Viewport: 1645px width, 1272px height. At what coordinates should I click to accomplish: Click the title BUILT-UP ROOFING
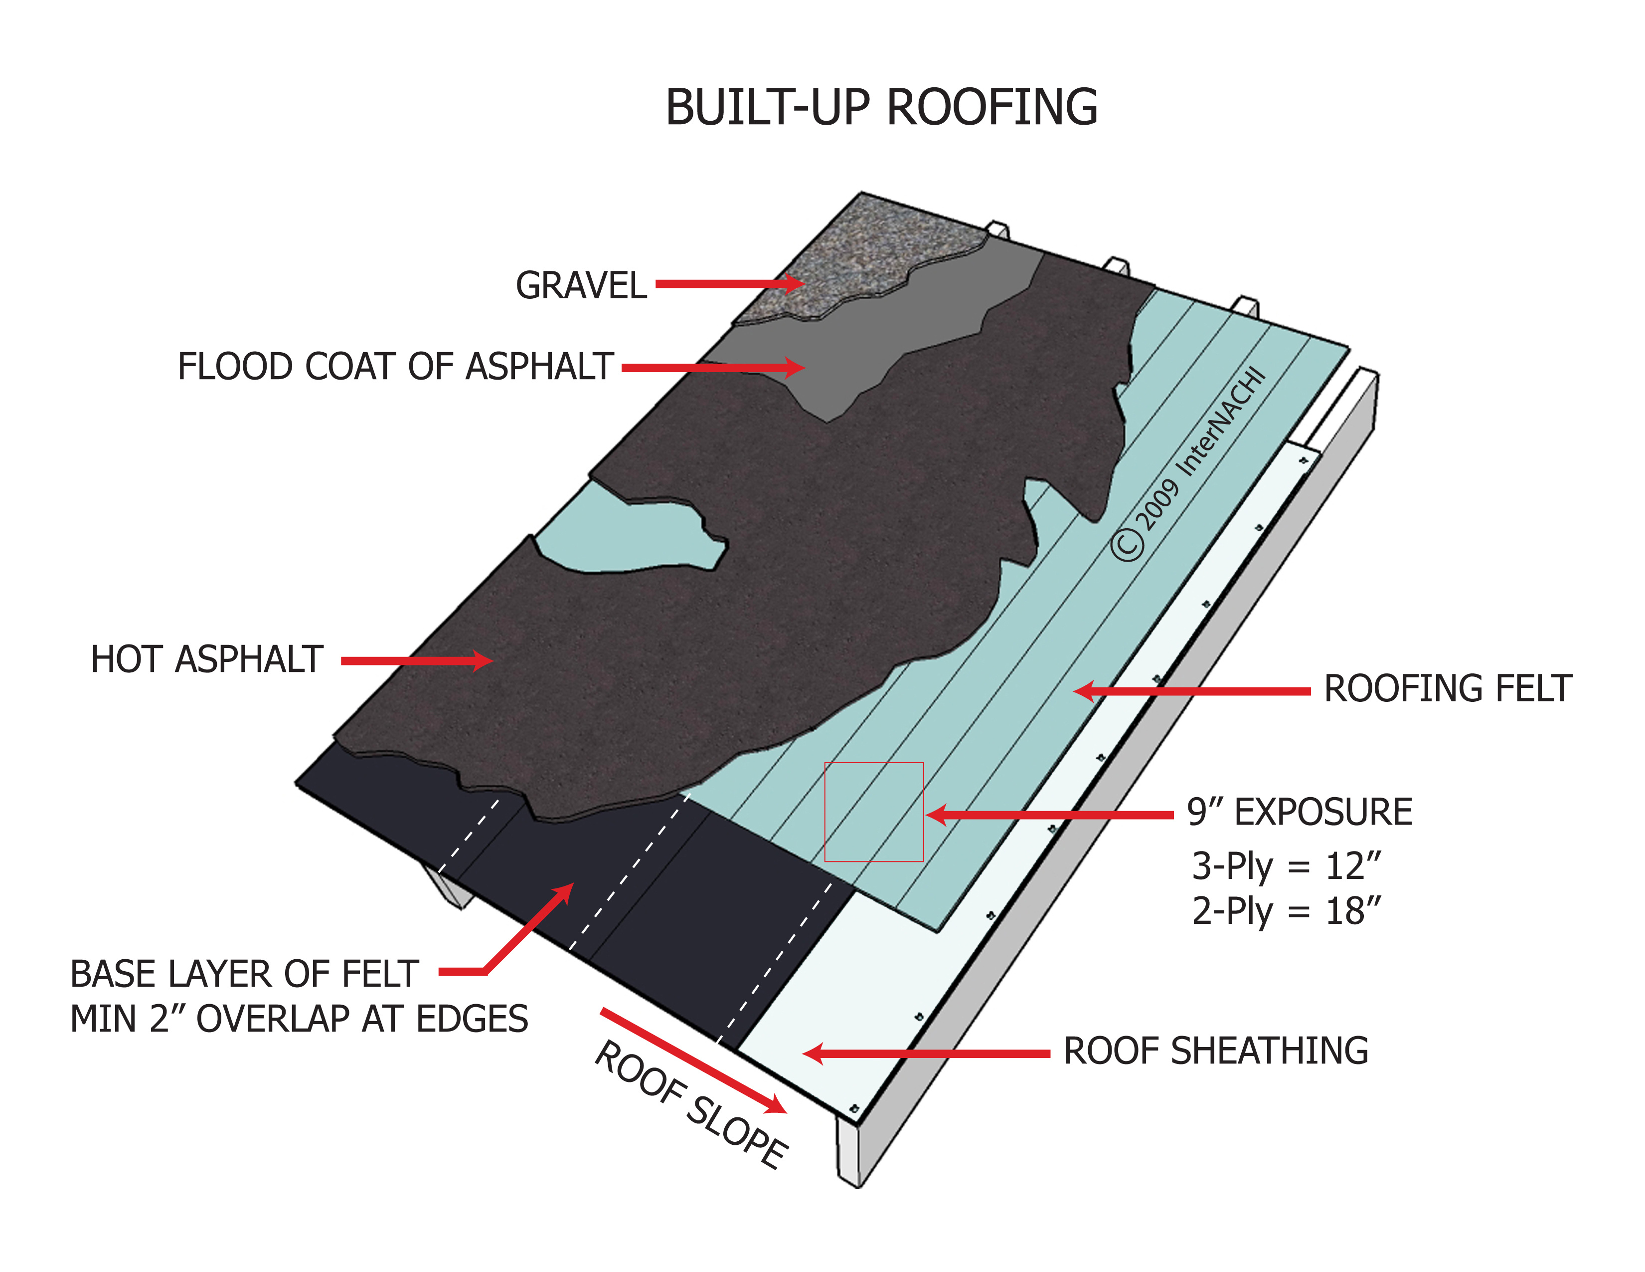[x=881, y=108]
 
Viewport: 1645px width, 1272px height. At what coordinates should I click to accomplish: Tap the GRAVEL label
[x=581, y=286]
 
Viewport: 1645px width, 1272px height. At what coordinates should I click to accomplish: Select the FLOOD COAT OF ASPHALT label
[x=395, y=367]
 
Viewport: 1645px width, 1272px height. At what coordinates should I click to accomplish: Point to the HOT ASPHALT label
[x=207, y=659]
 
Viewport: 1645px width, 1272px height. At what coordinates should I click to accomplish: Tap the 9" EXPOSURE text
[x=1299, y=812]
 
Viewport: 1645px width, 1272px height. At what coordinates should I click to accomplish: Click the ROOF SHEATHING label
[x=1215, y=1051]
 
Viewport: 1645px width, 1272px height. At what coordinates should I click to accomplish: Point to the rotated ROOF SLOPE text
[x=691, y=1105]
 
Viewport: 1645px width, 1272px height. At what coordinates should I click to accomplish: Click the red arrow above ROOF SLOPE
[x=693, y=1060]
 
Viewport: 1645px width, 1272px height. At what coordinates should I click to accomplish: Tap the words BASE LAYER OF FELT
[x=244, y=974]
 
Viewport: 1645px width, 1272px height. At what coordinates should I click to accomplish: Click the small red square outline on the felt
[x=874, y=812]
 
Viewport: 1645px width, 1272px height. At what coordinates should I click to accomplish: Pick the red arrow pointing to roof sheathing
[x=927, y=1054]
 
